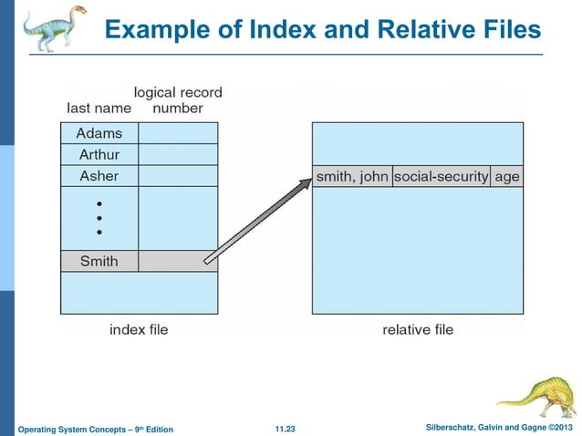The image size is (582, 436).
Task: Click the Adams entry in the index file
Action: click(x=99, y=133)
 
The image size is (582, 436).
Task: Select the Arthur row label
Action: click(x=99, y=154)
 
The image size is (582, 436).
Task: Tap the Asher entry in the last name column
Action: click(x=99, y=175)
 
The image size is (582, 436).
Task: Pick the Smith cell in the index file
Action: click(x=99, y=261)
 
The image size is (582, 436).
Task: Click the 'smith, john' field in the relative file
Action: click(x=351, y=176)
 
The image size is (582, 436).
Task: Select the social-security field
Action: click(x=441, y=176)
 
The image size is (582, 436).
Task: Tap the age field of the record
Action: click(x=506, y=176)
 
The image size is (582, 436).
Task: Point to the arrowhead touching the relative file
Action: click(x=306, y=182)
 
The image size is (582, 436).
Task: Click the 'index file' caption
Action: click(x=139, y=329)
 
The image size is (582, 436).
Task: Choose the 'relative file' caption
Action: click(x=417, y=329)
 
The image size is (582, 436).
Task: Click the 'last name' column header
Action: click(x=99, y=108)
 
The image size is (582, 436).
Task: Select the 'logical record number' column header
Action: click(x=178, y=100)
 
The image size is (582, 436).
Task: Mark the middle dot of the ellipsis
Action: click(x=99, y=218)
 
